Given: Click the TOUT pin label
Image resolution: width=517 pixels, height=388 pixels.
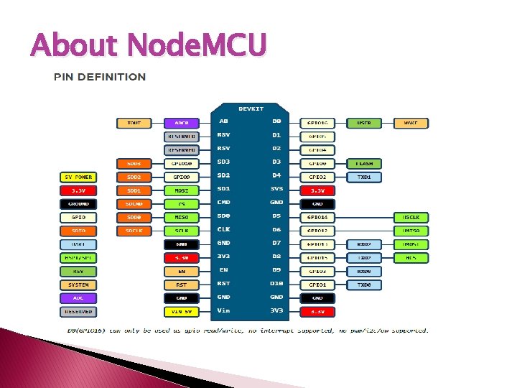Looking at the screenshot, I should [134, 123].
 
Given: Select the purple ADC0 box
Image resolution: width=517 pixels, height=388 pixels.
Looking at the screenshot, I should [182, 123].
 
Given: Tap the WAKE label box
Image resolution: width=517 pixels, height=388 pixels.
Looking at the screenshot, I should [411, 123].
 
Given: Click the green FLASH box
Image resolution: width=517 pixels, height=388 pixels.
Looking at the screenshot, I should [364, 164].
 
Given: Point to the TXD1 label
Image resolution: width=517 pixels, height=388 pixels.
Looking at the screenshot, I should [364, 177].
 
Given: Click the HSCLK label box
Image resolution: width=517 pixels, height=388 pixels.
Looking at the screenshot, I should [411, 217].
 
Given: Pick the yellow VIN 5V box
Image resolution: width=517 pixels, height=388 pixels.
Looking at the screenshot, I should [182, 312].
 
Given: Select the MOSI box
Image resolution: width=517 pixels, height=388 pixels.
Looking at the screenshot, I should [182, 190].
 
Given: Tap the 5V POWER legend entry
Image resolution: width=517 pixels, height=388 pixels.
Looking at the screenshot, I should [78, 177].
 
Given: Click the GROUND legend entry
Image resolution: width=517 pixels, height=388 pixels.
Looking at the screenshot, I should [78, 204].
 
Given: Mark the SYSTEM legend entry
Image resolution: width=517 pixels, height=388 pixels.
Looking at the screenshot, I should [78, 285].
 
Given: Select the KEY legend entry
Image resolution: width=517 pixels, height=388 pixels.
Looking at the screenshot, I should [78, 272].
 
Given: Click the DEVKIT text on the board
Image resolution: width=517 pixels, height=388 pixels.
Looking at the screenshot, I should [250, 108].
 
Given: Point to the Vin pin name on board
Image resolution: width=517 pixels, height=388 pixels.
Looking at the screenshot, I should [224, 310].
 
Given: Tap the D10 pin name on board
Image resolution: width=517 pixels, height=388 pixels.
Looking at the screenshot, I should [276, 284].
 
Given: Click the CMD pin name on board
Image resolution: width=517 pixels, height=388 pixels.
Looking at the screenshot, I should [224, 203].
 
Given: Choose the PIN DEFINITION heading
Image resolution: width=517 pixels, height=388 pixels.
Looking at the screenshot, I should [100, 77].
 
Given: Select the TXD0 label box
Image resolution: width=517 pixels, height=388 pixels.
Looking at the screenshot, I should [364, 285].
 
